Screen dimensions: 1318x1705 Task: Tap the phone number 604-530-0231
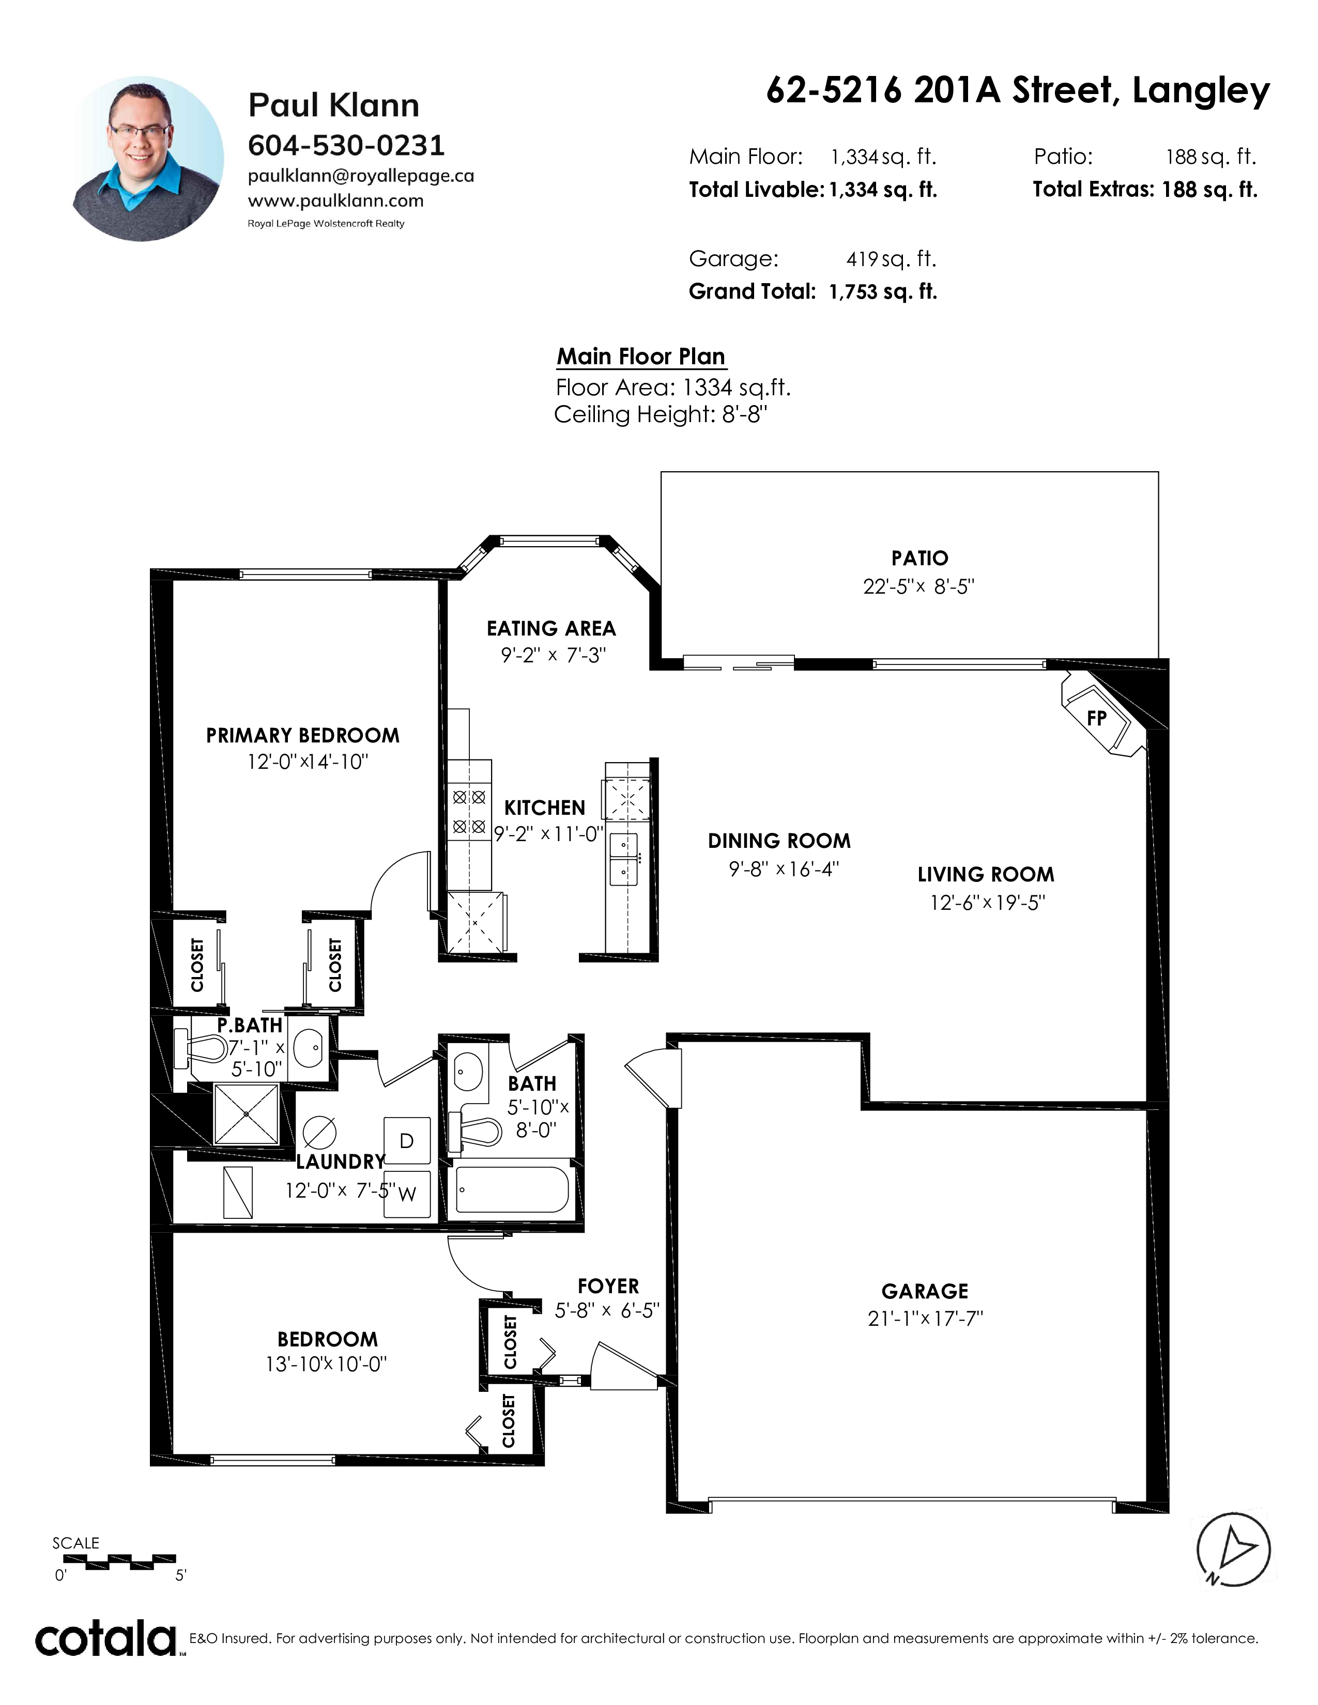point(346,145)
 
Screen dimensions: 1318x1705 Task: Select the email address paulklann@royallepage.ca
point(361,176)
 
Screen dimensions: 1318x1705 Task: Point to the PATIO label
point(920,558)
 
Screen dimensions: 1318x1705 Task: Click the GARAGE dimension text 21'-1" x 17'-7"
point(925,1319)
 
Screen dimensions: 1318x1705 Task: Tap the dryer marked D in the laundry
point(407,1141)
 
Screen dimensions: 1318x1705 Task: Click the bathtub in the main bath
point(513,1190)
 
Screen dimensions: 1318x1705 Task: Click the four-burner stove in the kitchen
point(469,812)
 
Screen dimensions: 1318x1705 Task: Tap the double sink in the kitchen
point(624,860)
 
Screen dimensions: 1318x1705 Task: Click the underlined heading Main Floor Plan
point(641,357)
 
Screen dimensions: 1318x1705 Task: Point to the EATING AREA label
point(551,628)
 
